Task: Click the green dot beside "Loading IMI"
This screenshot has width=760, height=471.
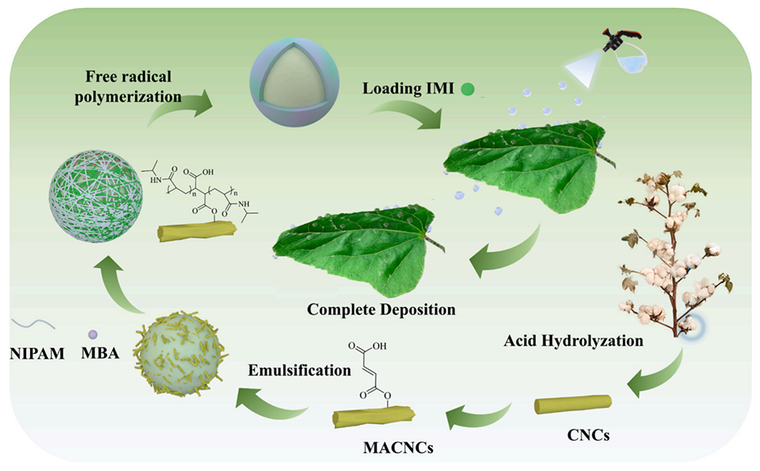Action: click(467, 90)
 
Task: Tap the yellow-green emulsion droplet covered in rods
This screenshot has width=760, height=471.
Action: click(181, 353)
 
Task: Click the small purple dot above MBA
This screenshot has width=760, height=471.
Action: click(93, 334)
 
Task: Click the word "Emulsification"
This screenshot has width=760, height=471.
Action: click(297, 370)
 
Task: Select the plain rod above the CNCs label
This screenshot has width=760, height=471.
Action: click(572, 404)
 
